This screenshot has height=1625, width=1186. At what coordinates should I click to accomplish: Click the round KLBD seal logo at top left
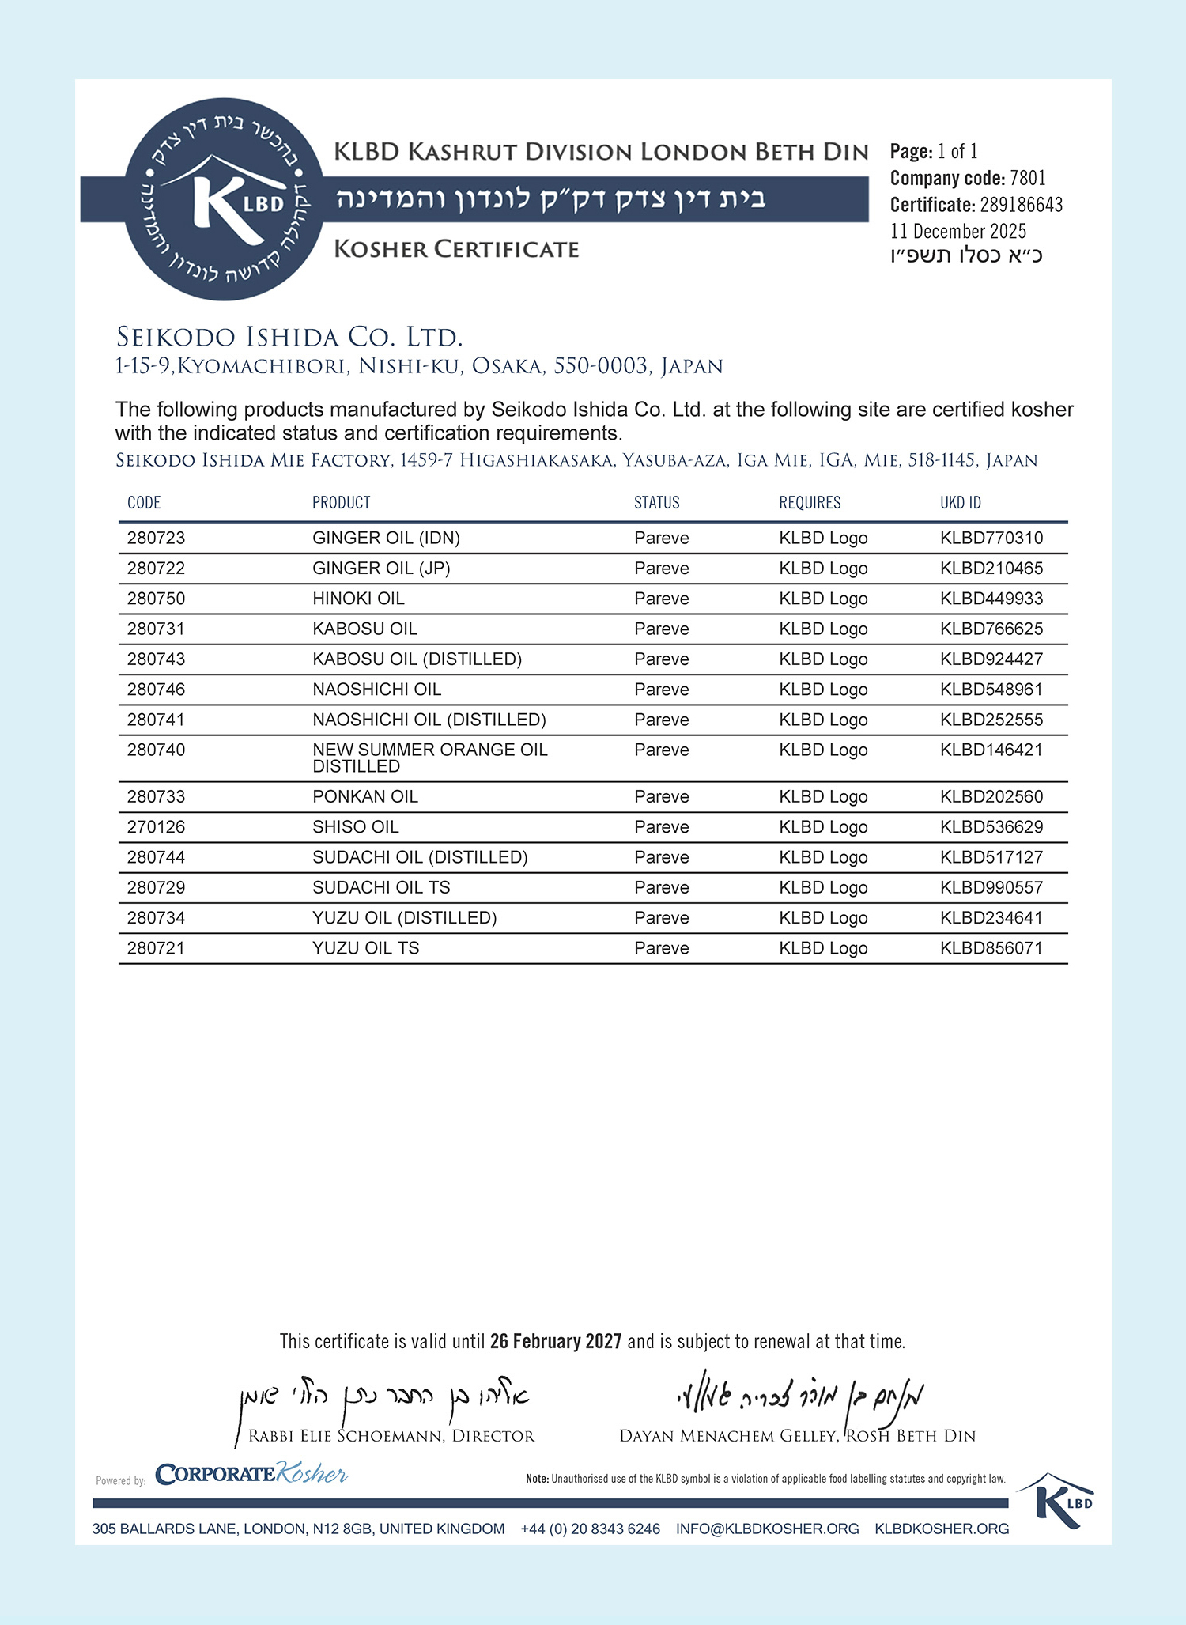pos(224,199)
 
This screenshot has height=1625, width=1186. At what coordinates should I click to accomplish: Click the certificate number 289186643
pos(1021,205)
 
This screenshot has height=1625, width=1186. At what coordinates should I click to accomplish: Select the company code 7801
pos(1028,178)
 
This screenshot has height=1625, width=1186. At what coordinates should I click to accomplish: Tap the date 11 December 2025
pos(958,231)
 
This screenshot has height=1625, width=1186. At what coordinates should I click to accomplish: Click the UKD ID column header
pos(960,503)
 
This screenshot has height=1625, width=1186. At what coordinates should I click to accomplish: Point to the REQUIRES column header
pos(810,503)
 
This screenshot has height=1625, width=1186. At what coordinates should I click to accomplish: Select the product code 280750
pos(156,599)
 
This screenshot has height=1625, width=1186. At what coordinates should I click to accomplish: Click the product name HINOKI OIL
pos(358,599)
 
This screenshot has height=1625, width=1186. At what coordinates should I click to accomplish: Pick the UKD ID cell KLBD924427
pos(991,659)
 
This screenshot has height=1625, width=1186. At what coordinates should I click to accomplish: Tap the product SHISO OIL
pos(355,827)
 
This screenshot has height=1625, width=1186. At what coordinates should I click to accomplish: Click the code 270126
pos(156,827)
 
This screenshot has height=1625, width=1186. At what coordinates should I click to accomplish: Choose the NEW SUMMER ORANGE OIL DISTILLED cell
pos(429,758)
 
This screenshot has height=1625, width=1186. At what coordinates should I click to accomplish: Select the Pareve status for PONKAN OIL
pos(661,797)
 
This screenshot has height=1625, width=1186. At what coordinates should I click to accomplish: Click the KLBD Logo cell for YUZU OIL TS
pos(823,948)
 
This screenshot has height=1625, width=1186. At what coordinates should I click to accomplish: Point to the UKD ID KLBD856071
pos(991,948)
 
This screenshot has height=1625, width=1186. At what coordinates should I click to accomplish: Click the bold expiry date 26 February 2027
pos(556,1341)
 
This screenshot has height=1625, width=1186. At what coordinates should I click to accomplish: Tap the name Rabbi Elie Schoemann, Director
pos(391,1436)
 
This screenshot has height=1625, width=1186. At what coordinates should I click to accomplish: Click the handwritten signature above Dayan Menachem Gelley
pos(799,1398)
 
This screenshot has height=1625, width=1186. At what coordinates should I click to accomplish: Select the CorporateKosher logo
pos(251,1474)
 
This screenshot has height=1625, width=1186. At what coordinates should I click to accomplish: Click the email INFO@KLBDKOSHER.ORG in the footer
pos(767,1529)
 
